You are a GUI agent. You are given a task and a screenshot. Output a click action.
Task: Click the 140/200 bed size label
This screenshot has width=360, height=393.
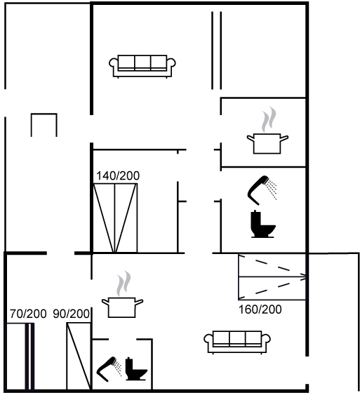tap(118, 175)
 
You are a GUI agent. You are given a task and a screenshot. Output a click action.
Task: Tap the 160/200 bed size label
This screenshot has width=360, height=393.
tap(260, 309)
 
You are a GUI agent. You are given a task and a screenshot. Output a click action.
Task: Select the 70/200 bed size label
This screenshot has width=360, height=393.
tap(28, 314)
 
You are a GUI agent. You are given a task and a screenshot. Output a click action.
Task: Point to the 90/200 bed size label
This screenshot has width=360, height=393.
tap(71, 314)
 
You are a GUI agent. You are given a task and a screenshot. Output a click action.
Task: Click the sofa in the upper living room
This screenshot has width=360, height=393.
tap(142, 66)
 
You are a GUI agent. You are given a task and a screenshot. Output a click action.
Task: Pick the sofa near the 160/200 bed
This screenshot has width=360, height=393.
tap(237, 342)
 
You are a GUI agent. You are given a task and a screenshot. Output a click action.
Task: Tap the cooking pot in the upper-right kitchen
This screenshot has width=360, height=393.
tap(267, 143)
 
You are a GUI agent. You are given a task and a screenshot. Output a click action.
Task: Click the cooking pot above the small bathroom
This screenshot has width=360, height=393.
tap(122, 307)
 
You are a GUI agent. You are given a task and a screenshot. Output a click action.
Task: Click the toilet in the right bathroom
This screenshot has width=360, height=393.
tap(262, 225)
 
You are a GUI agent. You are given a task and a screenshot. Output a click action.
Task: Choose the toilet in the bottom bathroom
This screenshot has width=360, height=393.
tap(136, 369)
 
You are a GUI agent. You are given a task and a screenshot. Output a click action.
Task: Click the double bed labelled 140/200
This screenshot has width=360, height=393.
tap(115, 218)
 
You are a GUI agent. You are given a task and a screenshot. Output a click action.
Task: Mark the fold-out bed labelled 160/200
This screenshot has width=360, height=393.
tap(272, 277)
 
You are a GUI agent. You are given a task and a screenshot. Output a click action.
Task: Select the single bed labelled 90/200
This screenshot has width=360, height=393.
tap(79, 357)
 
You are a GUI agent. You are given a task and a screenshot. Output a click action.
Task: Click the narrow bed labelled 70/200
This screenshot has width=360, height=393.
tap(20, 357)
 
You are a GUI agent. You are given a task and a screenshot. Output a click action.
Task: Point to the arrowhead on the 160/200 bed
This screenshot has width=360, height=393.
tap(304, 277)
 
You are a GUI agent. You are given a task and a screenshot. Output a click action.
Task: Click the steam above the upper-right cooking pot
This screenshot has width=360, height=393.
tap(269, 119)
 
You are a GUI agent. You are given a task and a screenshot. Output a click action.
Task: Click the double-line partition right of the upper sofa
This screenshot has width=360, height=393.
tap(217, 51)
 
